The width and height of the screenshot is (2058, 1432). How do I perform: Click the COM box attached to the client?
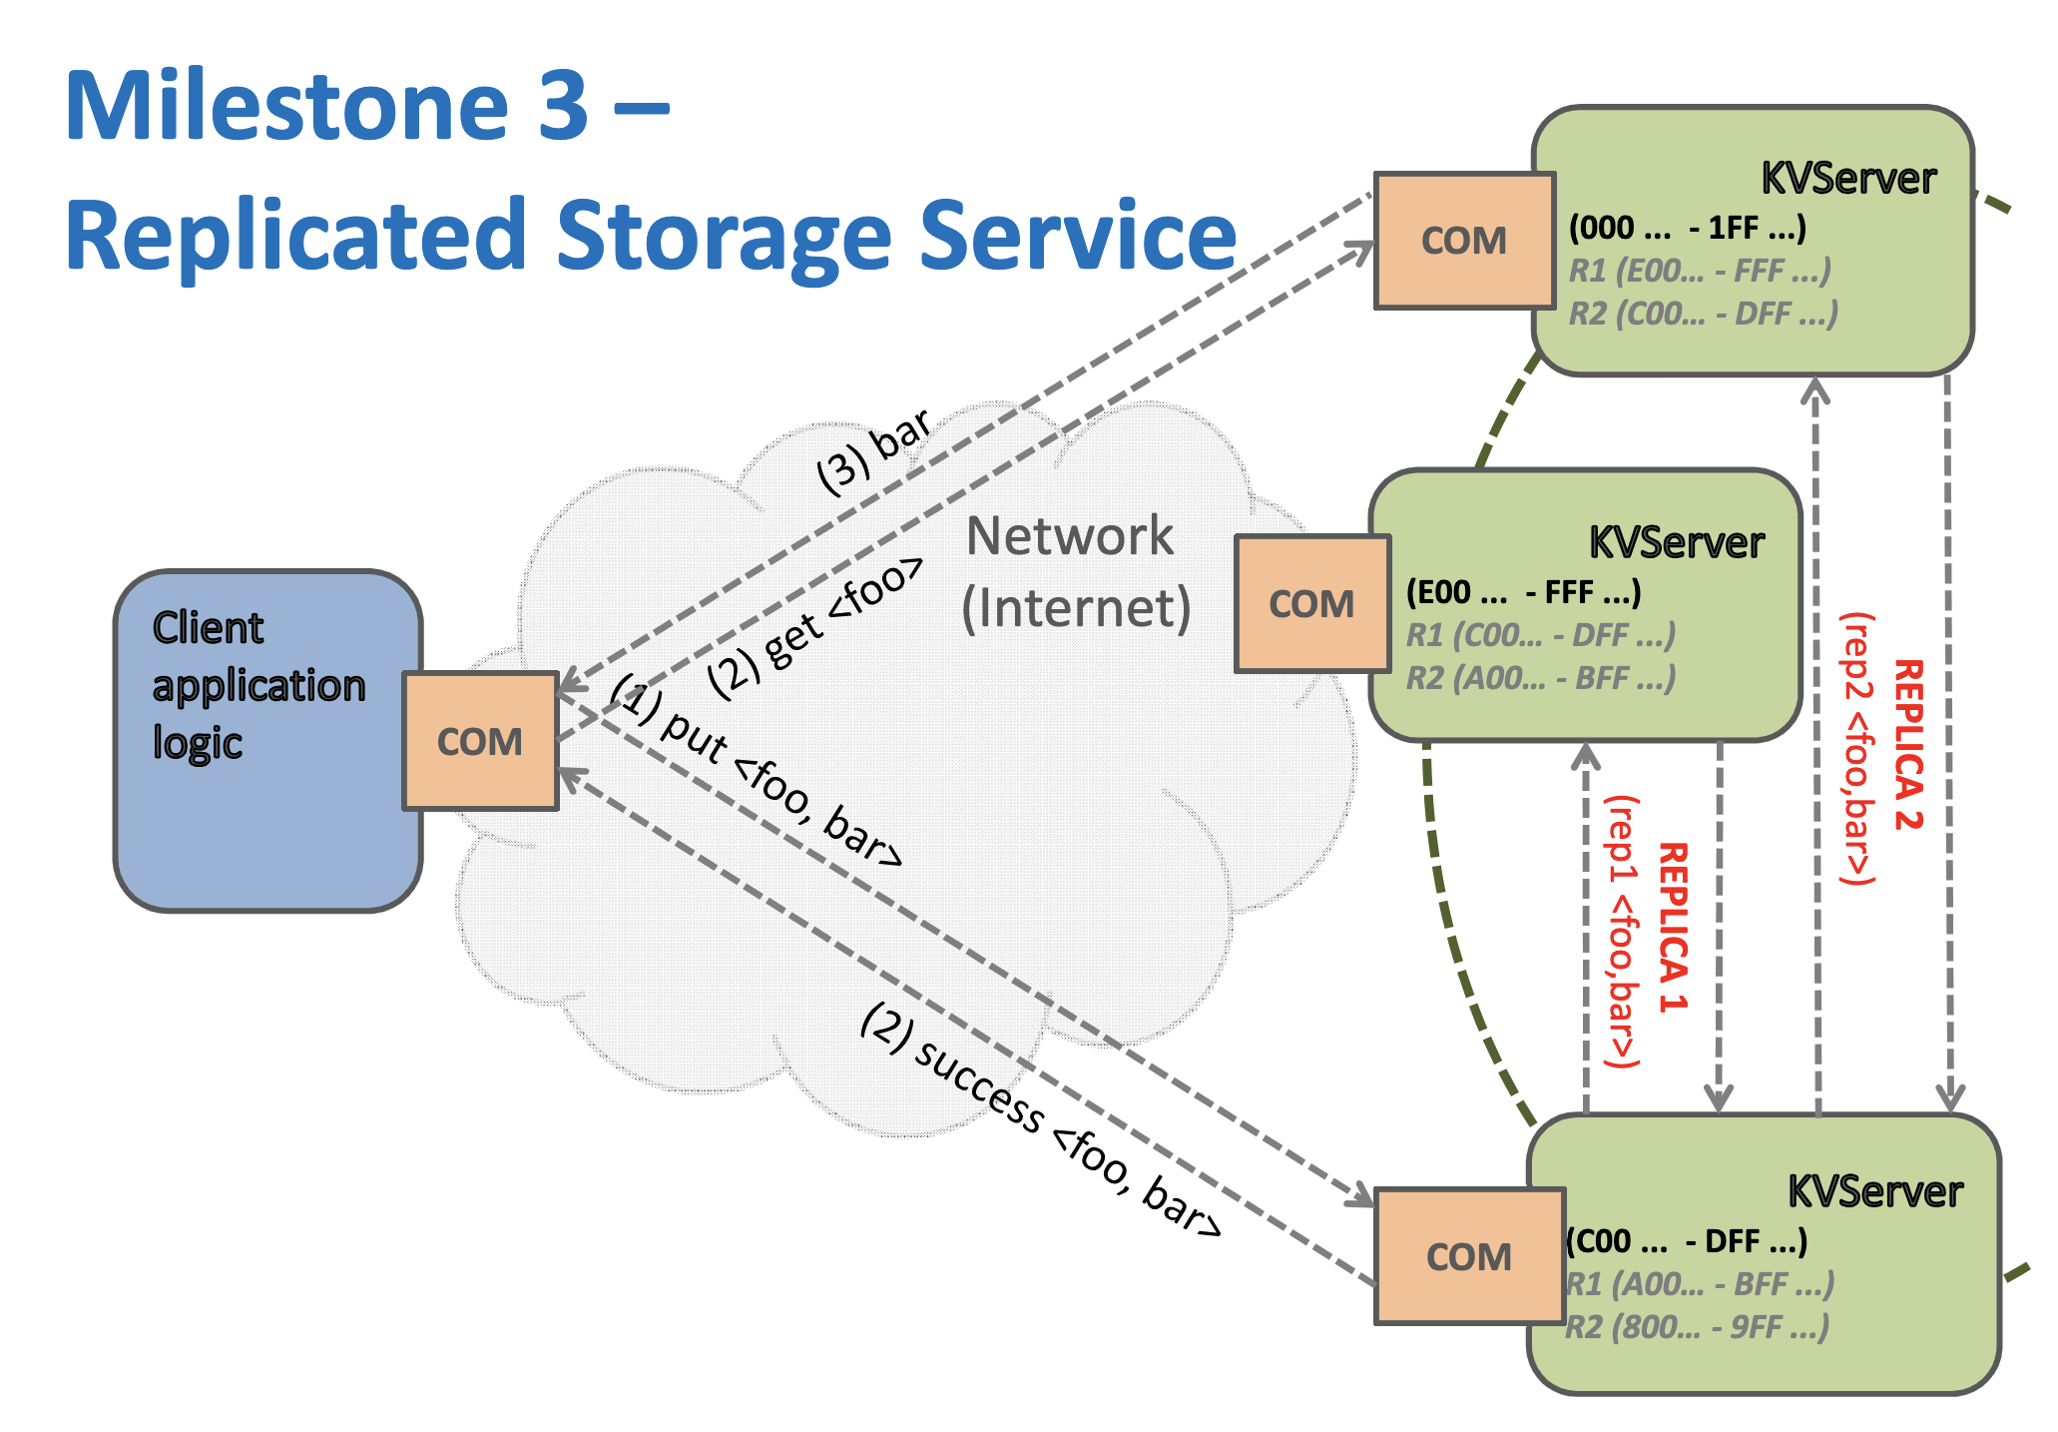[x=480, y=741]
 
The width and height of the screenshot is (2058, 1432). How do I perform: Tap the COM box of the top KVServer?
[x=1464, y=241]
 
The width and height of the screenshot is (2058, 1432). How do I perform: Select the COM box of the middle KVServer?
[x=1311, y=603]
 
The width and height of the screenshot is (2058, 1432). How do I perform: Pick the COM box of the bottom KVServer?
[x=1469, y=1256]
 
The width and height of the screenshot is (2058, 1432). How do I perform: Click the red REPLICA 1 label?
[x=1674, y=927]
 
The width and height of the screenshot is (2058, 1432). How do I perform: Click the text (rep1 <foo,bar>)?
[x=1622, y=932]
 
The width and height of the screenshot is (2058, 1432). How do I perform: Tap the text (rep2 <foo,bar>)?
[x=1857, y=749]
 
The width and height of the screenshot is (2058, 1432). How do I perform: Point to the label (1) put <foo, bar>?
[x=758, y=769]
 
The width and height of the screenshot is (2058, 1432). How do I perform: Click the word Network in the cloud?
[x=1070, y=536]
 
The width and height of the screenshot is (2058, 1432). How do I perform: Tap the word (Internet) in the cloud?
[x=1076, y=608]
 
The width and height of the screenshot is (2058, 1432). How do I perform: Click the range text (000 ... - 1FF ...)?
[x=1687, y=228]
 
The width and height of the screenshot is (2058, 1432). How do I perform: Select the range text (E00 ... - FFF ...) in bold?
[x=1523, y=592]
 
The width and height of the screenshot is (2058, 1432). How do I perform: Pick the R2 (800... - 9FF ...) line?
[x=1697, y=1327]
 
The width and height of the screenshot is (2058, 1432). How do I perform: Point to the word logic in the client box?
[x=198, y=743]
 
